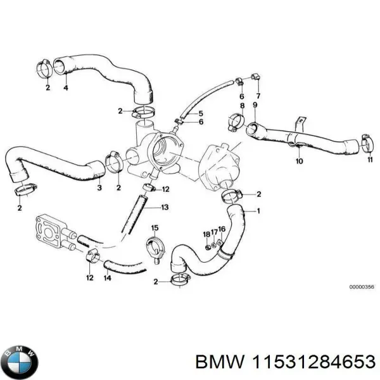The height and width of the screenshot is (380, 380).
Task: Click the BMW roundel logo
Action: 20,362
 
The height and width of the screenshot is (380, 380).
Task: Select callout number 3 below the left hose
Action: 98,189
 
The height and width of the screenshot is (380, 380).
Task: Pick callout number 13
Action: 165,207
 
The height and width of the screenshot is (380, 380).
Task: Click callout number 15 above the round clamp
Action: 154,227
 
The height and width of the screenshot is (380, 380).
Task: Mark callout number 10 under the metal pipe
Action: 299,161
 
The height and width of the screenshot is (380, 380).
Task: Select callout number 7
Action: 257,96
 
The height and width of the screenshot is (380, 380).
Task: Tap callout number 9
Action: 255,104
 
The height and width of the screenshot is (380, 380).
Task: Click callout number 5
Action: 201,113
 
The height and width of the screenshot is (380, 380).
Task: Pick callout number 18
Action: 206,235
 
